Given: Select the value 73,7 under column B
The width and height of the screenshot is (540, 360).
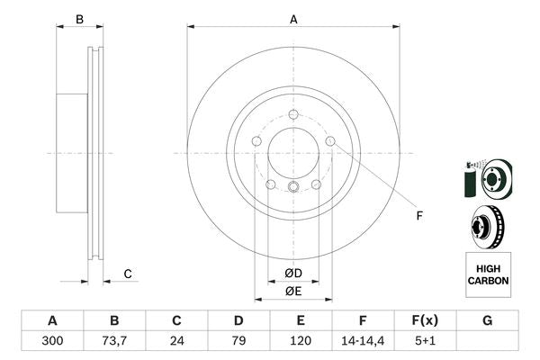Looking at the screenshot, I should [114, 341].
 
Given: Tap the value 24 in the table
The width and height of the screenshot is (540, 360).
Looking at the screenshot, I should [177, 341].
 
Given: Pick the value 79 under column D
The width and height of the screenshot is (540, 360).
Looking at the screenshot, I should [238, 341].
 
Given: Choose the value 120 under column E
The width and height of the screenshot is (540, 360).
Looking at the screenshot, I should [301, 341].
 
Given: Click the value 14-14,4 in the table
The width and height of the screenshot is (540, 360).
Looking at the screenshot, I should [363, 341].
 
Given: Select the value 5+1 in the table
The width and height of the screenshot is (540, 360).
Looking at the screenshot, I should [426, 341].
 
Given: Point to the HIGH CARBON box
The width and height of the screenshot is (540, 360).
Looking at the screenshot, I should [488, 274].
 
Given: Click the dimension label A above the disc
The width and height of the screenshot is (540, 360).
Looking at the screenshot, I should [293, 19].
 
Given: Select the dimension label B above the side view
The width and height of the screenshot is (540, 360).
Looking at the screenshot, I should [79, 19].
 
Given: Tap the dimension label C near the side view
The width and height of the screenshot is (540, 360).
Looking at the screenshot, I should [128, 274].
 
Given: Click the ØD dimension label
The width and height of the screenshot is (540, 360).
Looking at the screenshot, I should [293, 273].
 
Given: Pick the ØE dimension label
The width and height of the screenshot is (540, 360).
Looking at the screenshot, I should [293, 291].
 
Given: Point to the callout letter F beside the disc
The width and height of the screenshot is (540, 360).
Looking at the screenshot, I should [418, 215].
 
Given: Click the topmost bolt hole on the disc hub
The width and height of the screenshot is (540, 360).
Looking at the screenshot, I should [293, 113].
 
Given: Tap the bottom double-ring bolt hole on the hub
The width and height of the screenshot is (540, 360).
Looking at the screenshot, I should [293, 186].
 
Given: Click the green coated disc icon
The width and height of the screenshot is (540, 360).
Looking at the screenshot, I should [487, 177].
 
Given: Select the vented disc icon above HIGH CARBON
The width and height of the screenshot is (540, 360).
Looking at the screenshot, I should [487, 226].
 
